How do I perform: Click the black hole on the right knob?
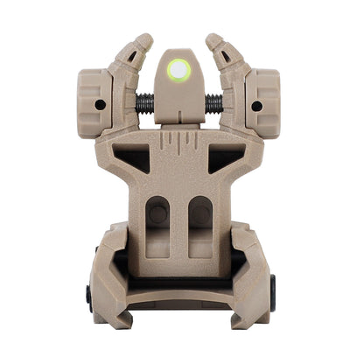256,106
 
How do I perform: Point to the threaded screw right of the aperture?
213,104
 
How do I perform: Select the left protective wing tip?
142,41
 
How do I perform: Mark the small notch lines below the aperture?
179,140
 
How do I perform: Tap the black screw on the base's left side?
89,292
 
